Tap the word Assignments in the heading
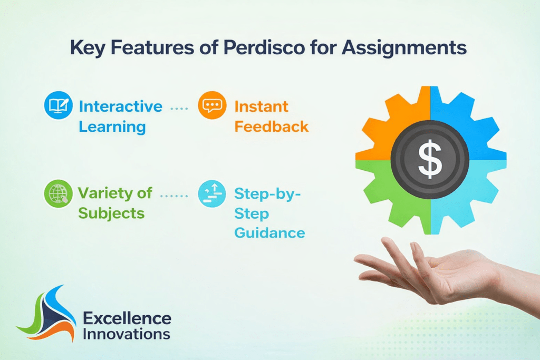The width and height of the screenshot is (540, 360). [x=404, y=47]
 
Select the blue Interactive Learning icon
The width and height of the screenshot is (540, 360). [x=58, y=106]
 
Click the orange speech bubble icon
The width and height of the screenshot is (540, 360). [x=212, y=106]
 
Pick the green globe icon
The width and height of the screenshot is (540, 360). [x=58, y=194]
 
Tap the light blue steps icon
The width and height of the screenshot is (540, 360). [x=212, y=194]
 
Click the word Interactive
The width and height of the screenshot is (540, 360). [x=120, y=106]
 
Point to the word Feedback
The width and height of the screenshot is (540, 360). [x=271, y=127]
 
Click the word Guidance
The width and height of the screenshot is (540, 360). [x=269, y=232]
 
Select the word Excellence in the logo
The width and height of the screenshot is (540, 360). [x=127, y=318]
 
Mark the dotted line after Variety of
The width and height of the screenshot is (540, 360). [x=174, y=195]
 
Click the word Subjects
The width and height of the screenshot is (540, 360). [x=111, y=213]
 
